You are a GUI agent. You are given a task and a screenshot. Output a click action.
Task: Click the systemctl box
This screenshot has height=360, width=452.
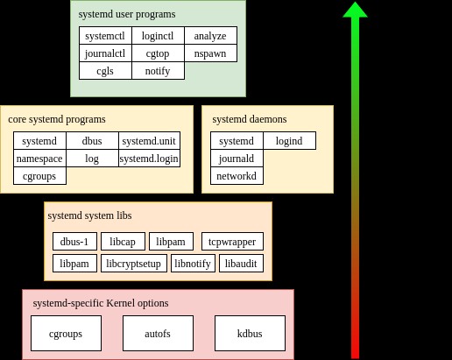[105, 36]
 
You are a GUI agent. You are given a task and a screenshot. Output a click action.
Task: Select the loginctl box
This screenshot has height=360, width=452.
[158, 36]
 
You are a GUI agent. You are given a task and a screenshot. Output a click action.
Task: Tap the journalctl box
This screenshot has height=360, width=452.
[105, 53]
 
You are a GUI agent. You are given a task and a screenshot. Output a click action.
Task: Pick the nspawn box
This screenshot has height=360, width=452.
[210, 53]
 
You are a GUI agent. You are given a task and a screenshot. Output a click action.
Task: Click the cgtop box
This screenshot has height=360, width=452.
[158, 53]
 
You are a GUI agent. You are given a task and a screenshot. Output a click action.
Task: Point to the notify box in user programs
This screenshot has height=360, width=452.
[158, 70]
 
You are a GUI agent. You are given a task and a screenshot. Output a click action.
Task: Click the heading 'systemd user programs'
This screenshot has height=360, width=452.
[126, 14]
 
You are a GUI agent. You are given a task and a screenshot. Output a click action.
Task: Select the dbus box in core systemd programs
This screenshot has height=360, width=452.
[92, 141]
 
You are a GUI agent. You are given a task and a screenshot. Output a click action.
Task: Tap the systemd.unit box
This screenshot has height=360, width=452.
[149, 141]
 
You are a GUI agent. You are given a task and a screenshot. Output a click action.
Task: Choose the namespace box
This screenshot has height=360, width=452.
[39, 159]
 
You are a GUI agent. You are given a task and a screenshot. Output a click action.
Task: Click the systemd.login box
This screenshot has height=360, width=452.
[149, 159]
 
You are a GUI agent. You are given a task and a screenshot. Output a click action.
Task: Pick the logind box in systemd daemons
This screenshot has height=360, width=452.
[289, 141]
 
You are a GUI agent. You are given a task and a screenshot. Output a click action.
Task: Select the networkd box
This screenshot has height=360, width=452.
[237, 176]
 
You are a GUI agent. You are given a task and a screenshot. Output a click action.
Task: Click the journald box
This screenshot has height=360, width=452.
[237, 159]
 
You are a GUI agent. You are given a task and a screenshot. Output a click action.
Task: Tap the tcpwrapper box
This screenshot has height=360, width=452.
[232, 242]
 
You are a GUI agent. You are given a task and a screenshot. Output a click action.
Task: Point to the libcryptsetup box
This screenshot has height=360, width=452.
[134, 263]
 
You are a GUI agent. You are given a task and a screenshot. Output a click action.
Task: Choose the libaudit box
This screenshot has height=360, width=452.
[241, 263]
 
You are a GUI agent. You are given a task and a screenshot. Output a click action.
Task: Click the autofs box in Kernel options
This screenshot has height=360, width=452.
[158, 334]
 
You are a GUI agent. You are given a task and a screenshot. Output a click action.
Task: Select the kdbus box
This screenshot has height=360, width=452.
[250, 334]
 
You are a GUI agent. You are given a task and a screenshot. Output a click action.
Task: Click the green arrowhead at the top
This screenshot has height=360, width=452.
[355, 10]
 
